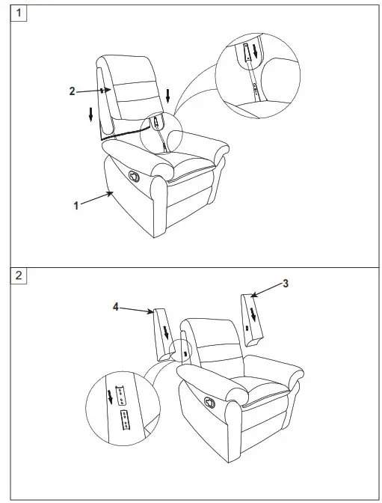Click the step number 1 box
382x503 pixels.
pyautogui.click(x=20, y=14)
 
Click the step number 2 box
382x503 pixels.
pyautogui.click(x=20, y=275)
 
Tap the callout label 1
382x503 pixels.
pyautogui.click(x=76, y=205)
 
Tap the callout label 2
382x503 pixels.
pyautogui.click(x=72, y=91)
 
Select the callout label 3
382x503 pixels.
pyautogui.click(x=285, y=284)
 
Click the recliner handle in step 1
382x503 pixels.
pyautogui.click(x=135, y=174)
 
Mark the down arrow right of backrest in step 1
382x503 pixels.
pyautogui.click(x=169, y=95)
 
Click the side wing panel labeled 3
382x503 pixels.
pyautogui.click(x=253, y=320)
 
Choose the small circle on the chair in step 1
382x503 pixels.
pyautogui.click(x=157, y=122)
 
